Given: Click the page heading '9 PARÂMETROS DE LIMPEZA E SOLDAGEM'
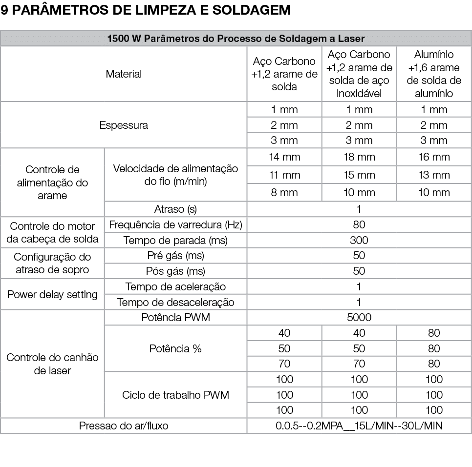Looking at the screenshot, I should [x=146, y=10].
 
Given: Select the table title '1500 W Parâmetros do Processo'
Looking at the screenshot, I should [x=236, y=39].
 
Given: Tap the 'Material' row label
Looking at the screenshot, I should [x=124, y=74].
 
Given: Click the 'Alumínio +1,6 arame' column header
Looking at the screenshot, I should [x=433, y=74].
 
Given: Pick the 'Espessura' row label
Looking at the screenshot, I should [x=124, y=125].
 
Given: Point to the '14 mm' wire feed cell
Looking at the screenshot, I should [x=284, y=157].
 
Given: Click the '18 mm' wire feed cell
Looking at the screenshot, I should [x=359, y=157].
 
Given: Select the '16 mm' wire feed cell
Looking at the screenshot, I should [x=434, y=157].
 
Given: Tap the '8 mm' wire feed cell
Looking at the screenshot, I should [x=284, y=192].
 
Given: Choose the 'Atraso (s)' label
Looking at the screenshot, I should [x=175, y=209].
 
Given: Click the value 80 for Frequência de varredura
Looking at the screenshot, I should [x=359, y=225].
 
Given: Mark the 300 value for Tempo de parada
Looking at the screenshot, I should [x=359, y=240].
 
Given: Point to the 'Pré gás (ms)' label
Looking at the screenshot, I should [x=175, y=256].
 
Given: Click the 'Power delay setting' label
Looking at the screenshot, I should [x=52, y=294].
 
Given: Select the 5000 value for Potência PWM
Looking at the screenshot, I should [x=359, y=317].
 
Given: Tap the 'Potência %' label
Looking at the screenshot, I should [x=175, y=348].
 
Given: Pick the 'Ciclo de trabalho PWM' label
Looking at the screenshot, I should [x=175, y=395].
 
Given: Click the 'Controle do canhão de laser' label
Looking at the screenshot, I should [x=52, y=364].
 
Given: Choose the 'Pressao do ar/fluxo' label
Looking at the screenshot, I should [x=124, y=426].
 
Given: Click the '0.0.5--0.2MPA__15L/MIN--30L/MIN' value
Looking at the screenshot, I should [x=359, y=426].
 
